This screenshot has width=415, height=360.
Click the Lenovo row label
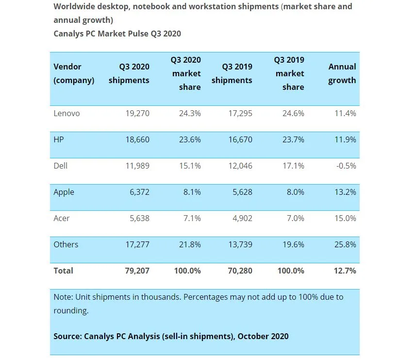click(66, 113)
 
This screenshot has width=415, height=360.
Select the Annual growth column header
click(342, 73)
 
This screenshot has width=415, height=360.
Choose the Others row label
click(66, 244)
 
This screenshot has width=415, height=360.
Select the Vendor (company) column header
click(74, 73)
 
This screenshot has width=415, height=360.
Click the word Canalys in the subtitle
click(69, 34)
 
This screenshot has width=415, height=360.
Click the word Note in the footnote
click(63, 297)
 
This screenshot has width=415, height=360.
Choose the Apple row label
click(64, 192)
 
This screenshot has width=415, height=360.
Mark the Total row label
click(63, 271)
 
